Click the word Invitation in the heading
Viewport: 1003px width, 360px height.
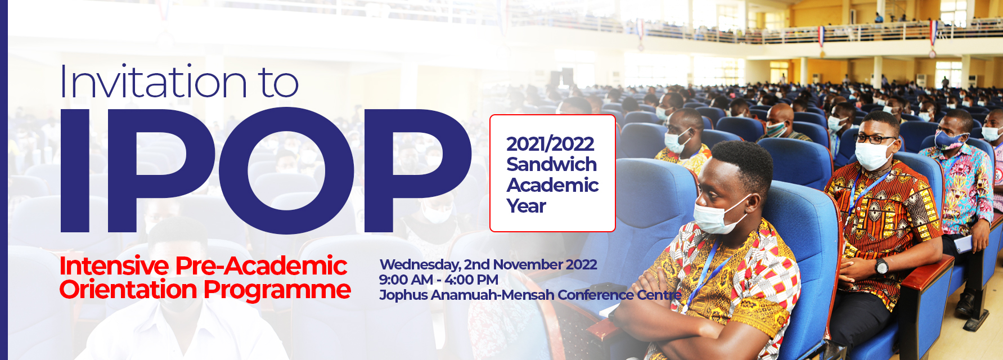(x=153, y=82)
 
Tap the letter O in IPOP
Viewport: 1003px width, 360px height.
(x=286, y=170)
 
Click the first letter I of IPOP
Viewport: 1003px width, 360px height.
(x=75, y=170)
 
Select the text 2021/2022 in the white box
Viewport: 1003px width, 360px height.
(x=550, y=144)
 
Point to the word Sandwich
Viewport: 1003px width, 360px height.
(x=551, y=164)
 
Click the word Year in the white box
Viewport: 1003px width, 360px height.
(x=526, y=206)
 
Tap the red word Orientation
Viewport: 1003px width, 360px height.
(x=128, y=290)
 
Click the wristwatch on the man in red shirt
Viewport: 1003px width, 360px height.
(x=881, y=266)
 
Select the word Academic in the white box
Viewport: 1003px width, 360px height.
(x=552, y=185)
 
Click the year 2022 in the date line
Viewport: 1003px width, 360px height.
(x=582, y=264)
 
